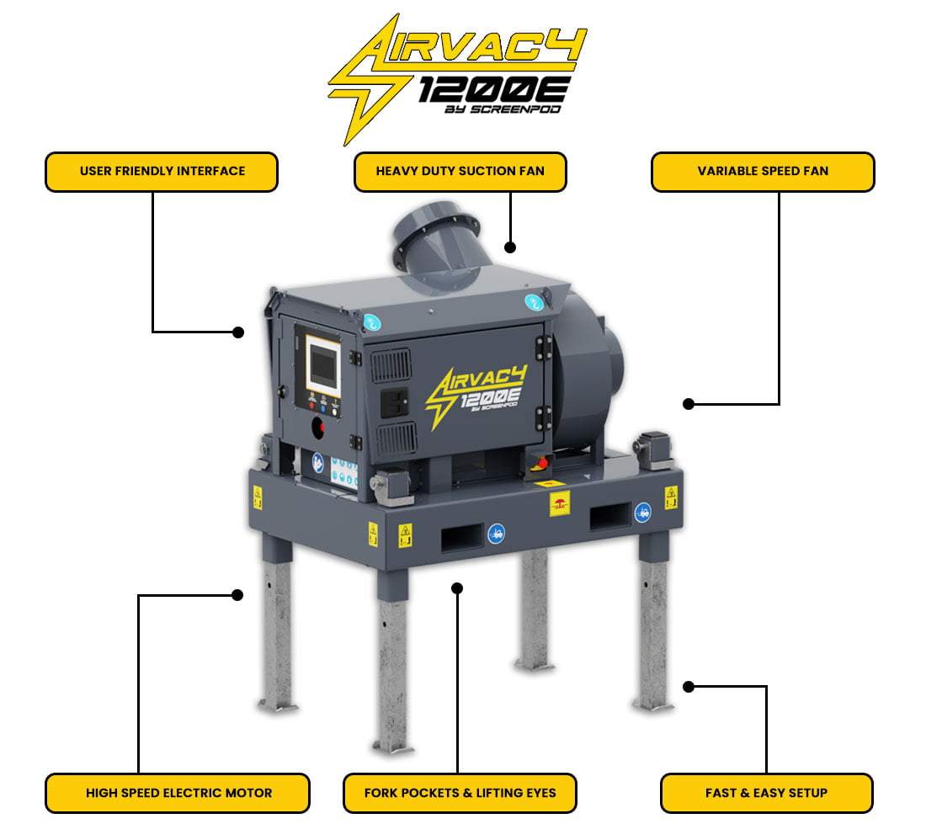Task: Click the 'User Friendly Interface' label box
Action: [x=162, y=172]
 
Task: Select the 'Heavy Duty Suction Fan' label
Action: [x=460, y=172]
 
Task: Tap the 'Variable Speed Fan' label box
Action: [x=763, y=172]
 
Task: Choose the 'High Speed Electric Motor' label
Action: [x=178, y=793]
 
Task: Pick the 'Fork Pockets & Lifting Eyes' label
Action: [x=460, y=793]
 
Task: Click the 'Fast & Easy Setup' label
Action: [x=767, y=793]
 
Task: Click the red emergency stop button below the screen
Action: [x=318, y=428]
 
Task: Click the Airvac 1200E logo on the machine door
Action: [x=476, y=394]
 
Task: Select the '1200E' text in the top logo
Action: [x=493, y=90]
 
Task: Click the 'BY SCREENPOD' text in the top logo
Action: [x=503, y=109]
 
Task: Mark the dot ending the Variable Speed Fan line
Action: [x=689, y=404]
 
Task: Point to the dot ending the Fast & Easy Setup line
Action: [x=689, y=687]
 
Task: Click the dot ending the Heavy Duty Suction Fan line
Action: [x=510, y=247]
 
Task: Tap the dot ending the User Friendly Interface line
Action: [x=238, y=332]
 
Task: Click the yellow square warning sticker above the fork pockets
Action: [x=560, y=503]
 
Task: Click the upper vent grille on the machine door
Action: [x=391, y=365]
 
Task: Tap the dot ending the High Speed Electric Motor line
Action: [x=237, y=595]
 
